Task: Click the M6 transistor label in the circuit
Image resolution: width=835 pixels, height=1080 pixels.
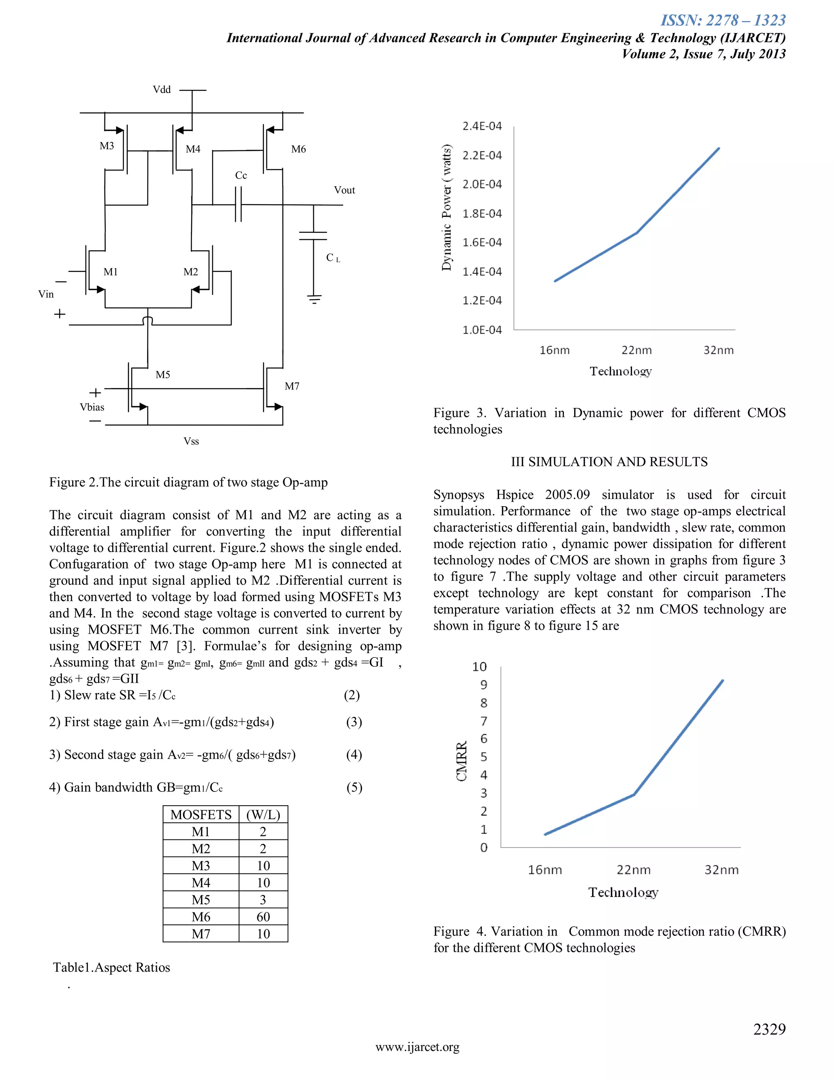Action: (x=298, y=149)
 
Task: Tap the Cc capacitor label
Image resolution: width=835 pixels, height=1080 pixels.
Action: (x=241, y=176)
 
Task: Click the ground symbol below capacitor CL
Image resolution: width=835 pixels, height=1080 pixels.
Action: (x=314, y=299)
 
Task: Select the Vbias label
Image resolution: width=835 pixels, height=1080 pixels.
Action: (x=92, y=407)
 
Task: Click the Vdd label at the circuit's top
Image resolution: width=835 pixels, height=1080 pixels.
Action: (x=162, y=90)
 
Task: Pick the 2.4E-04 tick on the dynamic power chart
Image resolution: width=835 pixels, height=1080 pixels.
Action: (x=482, y=126)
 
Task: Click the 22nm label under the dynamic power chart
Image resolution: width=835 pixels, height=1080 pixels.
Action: (x=636, y=350)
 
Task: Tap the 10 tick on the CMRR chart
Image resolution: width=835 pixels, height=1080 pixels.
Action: (x=479, y=667)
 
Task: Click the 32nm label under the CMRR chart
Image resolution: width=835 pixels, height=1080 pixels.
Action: (x=721, y=870)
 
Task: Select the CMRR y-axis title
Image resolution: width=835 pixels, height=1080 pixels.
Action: (x=462, y=762)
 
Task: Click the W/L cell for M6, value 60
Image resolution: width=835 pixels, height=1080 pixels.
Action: (x=263, y=917)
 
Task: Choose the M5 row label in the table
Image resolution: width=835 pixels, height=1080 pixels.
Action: (x=201, y=899)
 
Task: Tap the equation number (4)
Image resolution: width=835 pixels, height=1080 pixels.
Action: (x=353, y=755)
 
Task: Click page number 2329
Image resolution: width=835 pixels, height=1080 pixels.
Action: (x=769, y=1029)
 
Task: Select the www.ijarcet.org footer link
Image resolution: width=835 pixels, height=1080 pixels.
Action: (x=417, y=1047)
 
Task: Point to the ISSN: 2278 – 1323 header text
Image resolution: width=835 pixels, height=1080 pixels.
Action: (x=723, y=20)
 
